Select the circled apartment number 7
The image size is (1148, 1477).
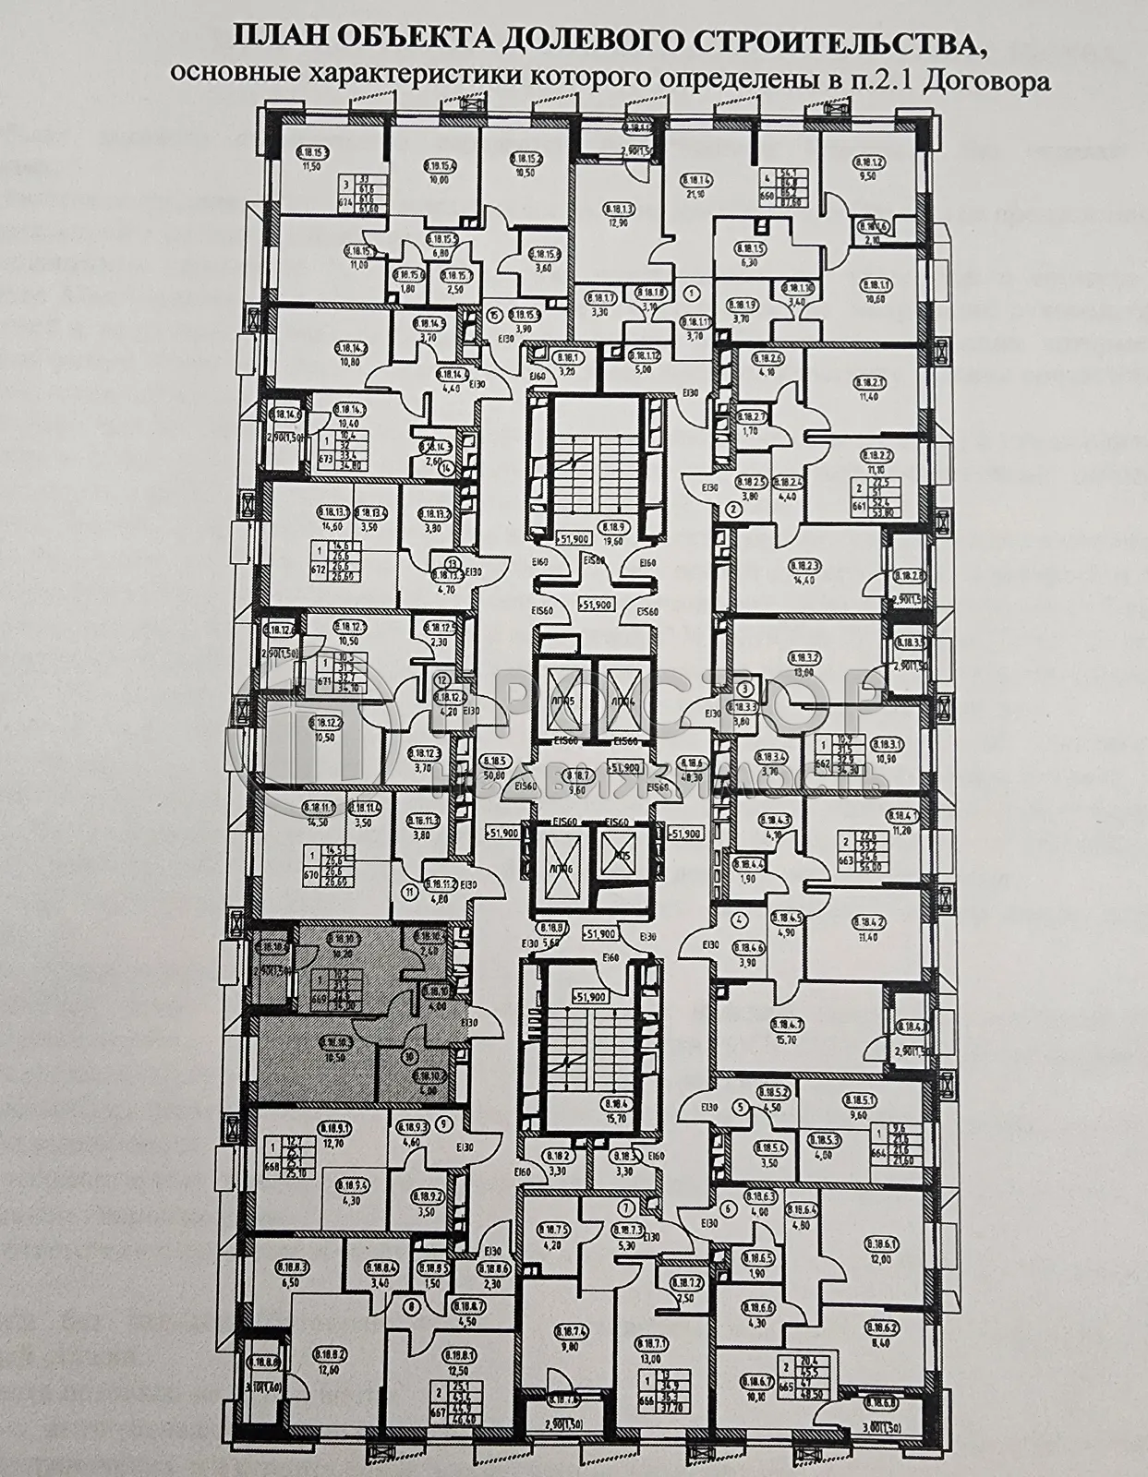628,1207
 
